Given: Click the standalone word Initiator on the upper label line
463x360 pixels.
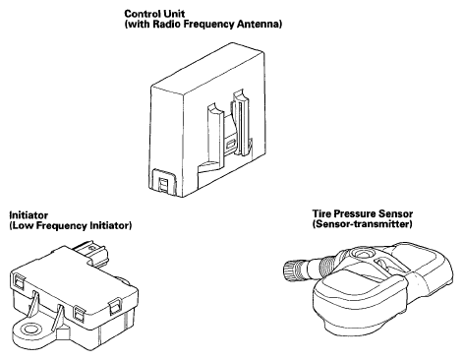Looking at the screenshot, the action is [29, 215].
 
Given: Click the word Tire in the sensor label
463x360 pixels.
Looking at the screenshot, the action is [320, 213].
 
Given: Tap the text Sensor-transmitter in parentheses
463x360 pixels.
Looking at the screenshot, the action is [362, 224].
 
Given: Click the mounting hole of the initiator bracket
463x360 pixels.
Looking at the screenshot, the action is [28, 329].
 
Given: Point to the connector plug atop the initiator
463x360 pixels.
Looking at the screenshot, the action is [92, 252].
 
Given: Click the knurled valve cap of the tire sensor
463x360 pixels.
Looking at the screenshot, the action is [290, 270].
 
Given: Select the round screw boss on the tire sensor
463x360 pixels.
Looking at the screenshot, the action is [362, 254].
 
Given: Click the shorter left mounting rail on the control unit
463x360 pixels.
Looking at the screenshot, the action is [214, 135].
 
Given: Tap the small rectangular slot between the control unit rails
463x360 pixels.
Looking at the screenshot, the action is [231, 144].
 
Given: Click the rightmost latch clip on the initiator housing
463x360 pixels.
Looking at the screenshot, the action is [114, 307].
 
